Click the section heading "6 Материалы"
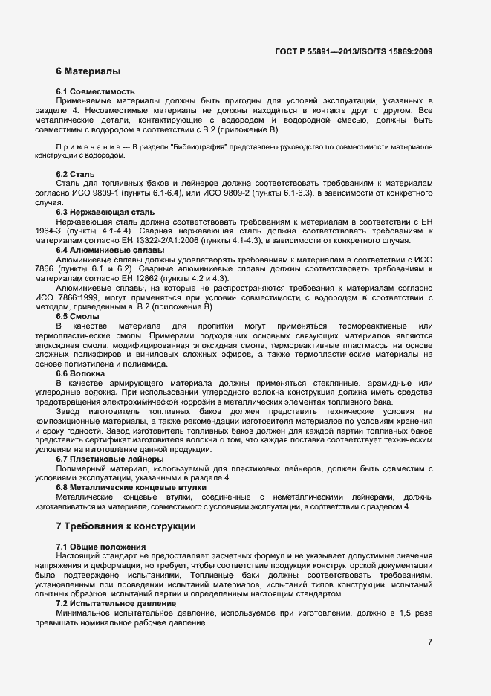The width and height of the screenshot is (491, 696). [x=88, y=72]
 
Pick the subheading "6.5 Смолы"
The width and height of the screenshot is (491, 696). [x=77, y=316]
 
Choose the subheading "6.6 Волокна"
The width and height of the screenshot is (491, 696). [x=81, y=373]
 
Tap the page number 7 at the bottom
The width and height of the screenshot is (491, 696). [x=430, y=641]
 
